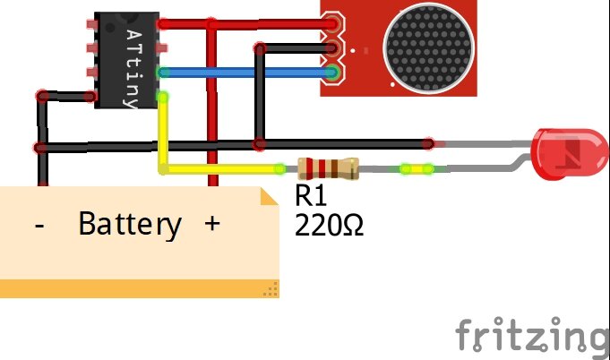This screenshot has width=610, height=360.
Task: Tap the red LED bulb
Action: [559, 149]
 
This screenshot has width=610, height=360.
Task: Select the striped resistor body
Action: [327, 167]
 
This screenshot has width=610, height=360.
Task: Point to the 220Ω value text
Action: [329, 224]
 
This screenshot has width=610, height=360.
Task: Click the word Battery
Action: [129, 224]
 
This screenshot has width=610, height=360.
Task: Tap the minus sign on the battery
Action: [39, 225]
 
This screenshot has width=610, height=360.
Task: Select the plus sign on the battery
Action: [211, 224]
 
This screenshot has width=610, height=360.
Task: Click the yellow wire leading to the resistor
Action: [224, 168]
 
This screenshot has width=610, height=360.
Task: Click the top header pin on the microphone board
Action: [333, 25]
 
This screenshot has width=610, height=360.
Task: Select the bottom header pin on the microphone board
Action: [333, 73]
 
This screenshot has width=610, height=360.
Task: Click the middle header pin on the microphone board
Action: [333, 48]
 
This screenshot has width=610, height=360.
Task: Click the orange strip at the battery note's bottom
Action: [134, 287]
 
